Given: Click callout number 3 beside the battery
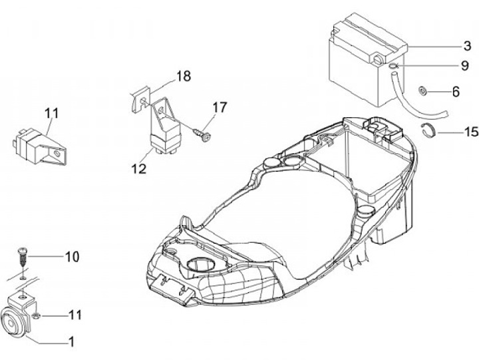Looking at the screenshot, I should pyautogui.click(x=468, y=47).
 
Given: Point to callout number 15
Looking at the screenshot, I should pyautogui.click(x=470, y=132).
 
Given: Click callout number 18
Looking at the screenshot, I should pyautogui.click(x=183, y=77).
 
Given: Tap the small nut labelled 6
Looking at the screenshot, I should pyautogui.click(x=422, y=90).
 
